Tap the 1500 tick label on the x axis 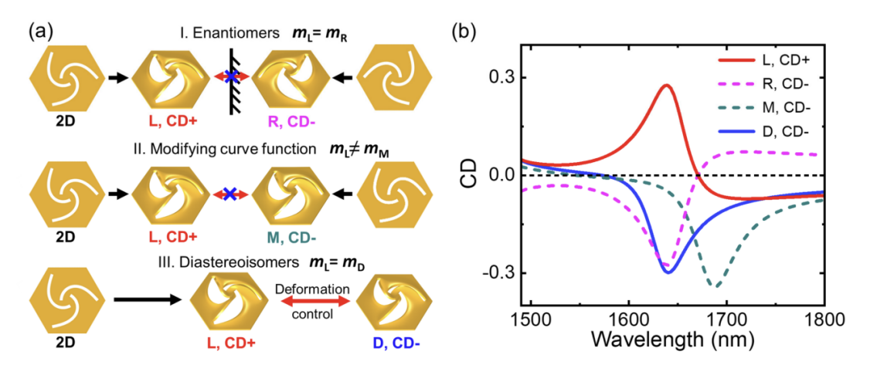tap(531, 322)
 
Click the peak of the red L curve tap(666, 86)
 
